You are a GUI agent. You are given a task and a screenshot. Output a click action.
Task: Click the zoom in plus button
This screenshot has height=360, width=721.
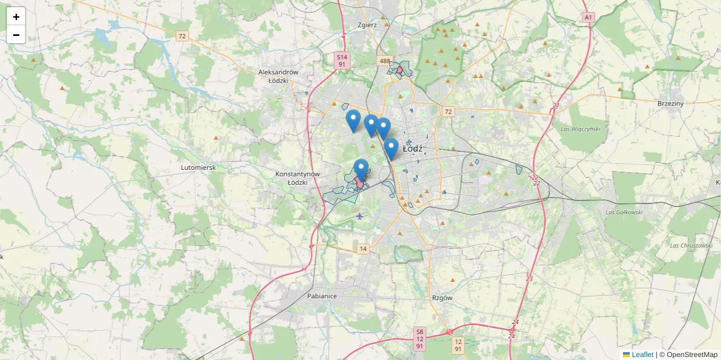tap(16, 17)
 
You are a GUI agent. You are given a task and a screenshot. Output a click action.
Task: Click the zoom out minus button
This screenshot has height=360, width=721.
tap(16, 35)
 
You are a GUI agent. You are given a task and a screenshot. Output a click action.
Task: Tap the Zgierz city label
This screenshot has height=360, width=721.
tap(367, 25)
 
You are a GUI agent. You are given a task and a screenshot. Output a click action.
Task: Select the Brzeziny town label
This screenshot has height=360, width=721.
tap(671, 103)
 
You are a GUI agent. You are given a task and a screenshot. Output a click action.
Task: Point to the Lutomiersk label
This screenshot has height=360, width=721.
tap(198, 168)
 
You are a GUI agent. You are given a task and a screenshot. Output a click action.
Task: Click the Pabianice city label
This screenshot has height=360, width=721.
tap(321, 296)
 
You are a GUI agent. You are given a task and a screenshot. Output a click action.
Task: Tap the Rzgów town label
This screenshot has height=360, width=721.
tap(442, 298)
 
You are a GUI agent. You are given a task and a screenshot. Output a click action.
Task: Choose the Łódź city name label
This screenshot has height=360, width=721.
tap(413, 148)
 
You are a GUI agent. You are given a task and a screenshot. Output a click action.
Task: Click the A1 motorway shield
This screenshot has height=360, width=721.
tap(588, 18)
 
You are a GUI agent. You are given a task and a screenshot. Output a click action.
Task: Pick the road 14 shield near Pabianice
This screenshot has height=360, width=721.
tap(362, 248)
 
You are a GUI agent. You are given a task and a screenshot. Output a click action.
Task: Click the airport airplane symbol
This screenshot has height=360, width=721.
tap(359, 215)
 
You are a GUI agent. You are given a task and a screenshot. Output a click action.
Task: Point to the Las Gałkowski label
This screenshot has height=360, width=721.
tap(624, 212)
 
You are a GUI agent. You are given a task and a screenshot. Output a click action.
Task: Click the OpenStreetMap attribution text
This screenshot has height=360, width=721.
tap(688, 355)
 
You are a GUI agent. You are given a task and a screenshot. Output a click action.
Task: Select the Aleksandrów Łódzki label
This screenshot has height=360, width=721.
tap(278, 76)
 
